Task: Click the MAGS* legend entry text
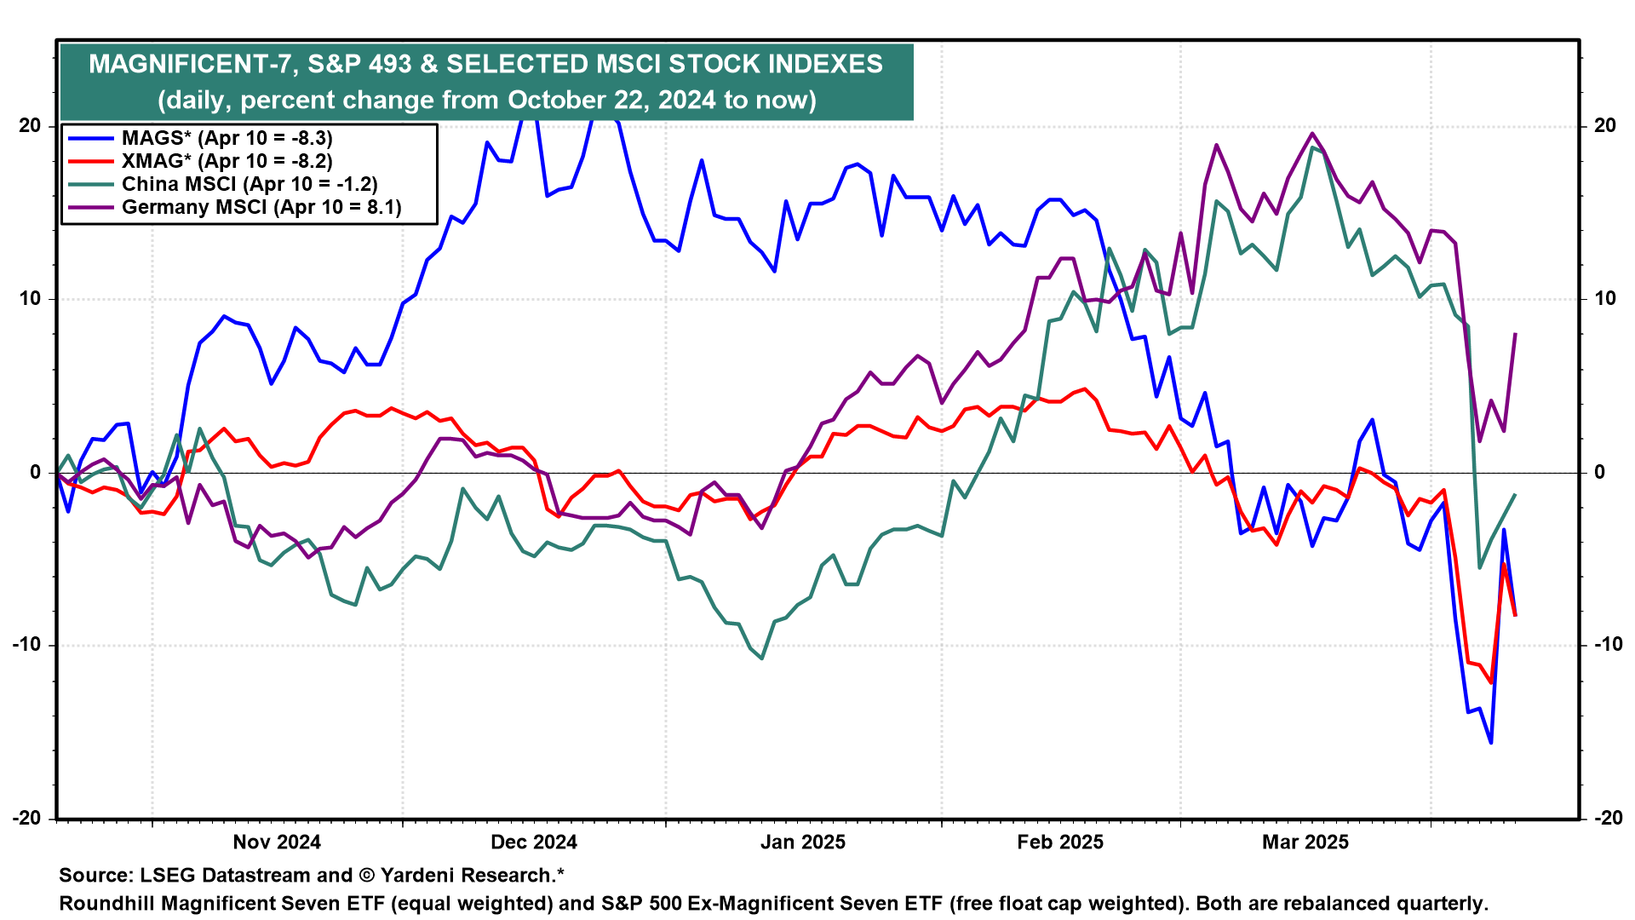pos(227,138)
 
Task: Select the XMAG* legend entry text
pos(227,161)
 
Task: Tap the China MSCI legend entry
pos(250,184)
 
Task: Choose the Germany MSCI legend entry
pos(261,207)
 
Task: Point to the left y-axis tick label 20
pos(30,126)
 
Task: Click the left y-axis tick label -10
pos(26,645)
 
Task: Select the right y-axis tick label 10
pos(1604,299)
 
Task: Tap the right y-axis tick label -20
pos(1608,818)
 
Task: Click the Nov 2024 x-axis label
pos(277,842)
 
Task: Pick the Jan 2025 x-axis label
pos(802,842)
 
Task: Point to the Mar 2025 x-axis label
pos(1305,842)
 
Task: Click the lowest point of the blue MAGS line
pos(1491,743)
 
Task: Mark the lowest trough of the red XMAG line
pos(1491,683)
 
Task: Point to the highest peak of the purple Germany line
pos(1312,133)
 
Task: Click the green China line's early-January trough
pos(761,658)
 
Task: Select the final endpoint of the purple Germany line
pos(1516,333)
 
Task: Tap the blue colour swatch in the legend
pos(90,138)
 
